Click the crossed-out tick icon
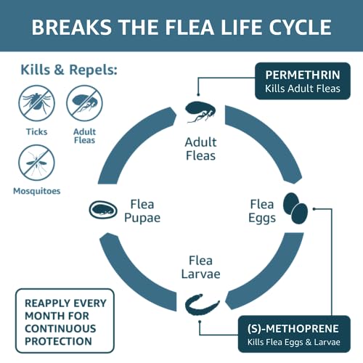tap(36, 103)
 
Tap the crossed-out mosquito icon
tap(36, 163)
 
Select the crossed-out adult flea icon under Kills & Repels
tap(84, 103)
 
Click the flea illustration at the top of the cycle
tap(200, 112)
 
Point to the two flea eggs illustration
tap(295, 208)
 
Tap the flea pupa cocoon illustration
tap(103, 210)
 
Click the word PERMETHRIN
tap(303, 75)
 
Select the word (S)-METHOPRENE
tap(293, 329)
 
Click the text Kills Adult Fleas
tap(303, 89)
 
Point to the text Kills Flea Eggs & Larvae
tap(294, 342)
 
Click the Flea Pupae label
tap(142, 211)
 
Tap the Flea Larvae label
tap(201, 267)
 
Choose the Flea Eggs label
tap(262, 211)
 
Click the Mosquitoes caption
tap(37, 191)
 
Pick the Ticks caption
tap(37, 132)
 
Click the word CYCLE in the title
tap(300, 27)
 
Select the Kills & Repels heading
tap(69, 70)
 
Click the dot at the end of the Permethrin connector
tap(198, 94)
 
